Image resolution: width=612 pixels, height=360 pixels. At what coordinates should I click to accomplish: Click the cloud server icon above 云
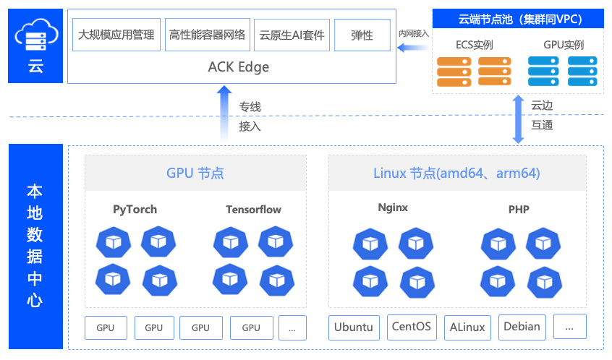coord(36,35)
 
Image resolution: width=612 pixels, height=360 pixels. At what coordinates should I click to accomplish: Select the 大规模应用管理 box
coord(116,35)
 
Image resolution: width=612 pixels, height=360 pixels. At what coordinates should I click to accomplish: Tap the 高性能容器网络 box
coord(207,35)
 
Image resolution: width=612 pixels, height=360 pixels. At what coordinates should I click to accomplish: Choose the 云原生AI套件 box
coord(292,35)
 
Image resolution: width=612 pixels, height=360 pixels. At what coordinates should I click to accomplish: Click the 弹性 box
coord(362,35)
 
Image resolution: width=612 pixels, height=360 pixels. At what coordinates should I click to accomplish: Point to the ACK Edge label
coord(239,67)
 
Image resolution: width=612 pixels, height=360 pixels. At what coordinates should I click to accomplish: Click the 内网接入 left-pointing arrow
coord(412,48)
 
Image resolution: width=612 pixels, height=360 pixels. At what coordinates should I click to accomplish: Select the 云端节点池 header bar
coord(518,19)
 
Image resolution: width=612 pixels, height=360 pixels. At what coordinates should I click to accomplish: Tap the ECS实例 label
coord(475,45)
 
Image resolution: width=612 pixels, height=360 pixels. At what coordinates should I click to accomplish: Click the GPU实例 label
coord(564,45)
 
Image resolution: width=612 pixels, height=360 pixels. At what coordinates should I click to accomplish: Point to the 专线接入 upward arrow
coord(224,113)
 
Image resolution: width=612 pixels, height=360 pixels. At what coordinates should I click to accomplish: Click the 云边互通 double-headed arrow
coord(518,119)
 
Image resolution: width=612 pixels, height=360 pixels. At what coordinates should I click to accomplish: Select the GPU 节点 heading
coord(195,173)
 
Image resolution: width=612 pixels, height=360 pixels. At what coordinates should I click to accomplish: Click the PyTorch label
coord(135,210)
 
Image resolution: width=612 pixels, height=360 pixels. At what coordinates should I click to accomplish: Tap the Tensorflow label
coord(253,210)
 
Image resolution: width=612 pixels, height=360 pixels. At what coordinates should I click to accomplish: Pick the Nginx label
coord(393,207)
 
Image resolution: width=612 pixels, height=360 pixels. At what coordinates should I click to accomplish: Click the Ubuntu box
coord(354,327)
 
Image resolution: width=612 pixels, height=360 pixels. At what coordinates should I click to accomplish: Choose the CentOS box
coord(412,327)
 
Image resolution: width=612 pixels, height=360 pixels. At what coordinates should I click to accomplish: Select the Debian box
coord(522,327)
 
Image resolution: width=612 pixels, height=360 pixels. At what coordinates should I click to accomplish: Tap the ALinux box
coord(467,327)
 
